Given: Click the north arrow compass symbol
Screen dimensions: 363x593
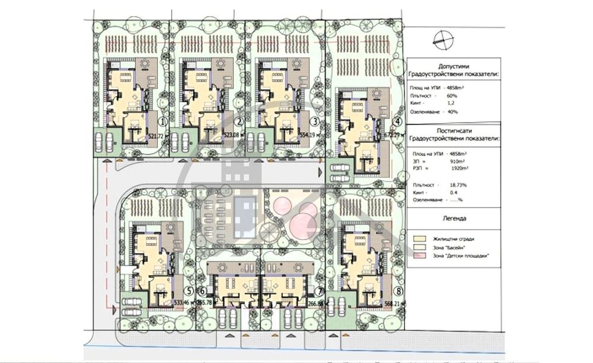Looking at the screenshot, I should [442, 40].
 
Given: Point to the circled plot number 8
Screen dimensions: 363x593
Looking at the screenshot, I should [399, 291].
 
